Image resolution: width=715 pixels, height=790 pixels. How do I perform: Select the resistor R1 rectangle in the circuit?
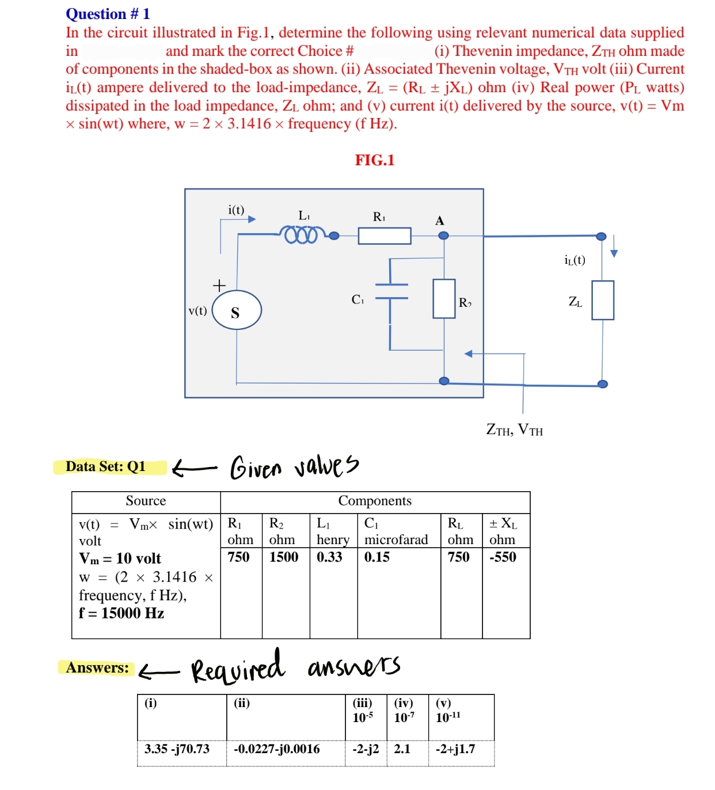385,236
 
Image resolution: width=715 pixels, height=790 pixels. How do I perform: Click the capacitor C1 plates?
391,291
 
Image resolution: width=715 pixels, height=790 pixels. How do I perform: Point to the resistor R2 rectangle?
444,298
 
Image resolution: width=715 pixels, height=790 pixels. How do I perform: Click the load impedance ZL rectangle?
603,300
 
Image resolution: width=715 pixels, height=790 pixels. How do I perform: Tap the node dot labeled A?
443,235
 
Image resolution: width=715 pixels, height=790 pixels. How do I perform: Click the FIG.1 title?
375,160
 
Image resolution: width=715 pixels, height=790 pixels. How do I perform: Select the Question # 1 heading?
108,14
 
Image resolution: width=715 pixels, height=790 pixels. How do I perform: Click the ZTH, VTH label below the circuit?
514,430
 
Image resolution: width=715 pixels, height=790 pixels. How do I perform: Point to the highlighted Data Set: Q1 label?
106,466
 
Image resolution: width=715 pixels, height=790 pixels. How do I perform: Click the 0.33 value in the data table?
329,557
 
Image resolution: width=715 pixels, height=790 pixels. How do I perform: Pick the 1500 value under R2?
284,557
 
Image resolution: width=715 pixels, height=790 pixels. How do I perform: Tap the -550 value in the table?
503,557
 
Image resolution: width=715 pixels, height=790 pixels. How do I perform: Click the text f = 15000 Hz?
121,613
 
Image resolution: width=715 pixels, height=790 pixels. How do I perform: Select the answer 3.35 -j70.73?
177,749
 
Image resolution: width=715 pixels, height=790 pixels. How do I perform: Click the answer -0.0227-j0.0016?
277,749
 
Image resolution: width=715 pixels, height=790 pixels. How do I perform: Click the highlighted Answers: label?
97,668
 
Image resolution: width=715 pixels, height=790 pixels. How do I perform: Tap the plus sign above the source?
219,285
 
